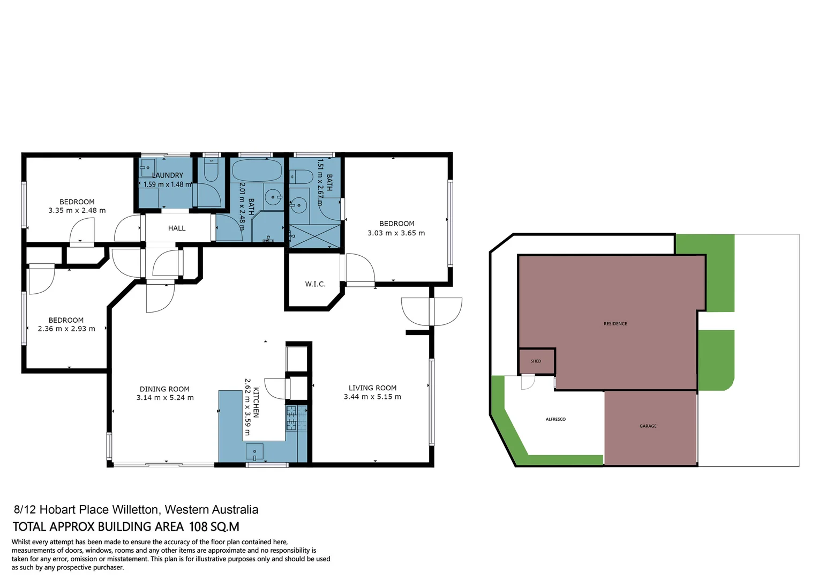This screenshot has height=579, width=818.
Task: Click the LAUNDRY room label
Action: click(168, 175)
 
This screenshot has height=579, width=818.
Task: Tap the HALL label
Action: click(177, 228)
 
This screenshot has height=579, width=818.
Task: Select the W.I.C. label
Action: click(315, 284)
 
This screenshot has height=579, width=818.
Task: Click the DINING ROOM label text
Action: click(164, 389)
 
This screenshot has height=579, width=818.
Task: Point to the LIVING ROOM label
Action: click(372, 388)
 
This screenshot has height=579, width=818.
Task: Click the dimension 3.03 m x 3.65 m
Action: click(396, 233)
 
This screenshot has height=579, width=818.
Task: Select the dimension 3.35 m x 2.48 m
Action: click(77, 211)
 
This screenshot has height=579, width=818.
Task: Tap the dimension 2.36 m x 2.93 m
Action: click(66, 329)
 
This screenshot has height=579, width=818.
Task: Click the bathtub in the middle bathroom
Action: click(257, 170)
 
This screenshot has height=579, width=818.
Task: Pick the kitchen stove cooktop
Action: click(296, 418)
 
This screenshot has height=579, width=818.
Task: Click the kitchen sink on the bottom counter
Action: click(254, 452)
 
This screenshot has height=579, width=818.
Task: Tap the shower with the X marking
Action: click(314, 236)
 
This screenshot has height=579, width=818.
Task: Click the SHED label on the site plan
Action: click(536, 361)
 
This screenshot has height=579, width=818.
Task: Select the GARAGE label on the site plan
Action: click(648, 426)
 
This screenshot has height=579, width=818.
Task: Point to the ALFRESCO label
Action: click(556, 419)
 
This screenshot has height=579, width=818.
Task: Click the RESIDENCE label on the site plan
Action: click(615, 324)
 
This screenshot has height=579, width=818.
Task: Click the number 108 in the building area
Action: click(198, 527)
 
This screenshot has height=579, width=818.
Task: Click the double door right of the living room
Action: click(431, 311)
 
